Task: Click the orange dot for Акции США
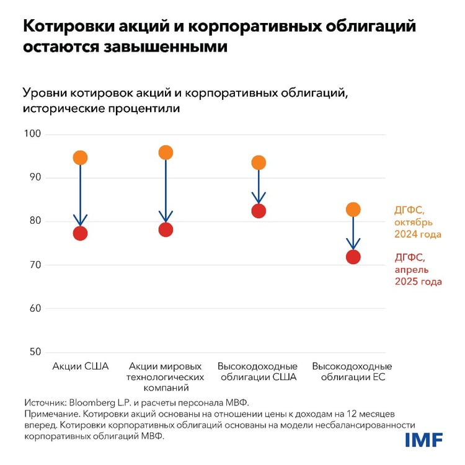point(80,157)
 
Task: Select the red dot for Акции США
point(80,233)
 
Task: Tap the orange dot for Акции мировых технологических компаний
point(166,153)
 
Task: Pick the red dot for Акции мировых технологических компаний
point(166,229)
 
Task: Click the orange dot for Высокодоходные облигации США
point(259,162)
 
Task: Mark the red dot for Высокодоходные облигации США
point(259,211)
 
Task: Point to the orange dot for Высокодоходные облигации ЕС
point(353,210)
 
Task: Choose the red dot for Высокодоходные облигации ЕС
point(353,257)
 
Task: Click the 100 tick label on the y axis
point(32,134)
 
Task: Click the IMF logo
point(424,440)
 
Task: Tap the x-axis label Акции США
point(80,366)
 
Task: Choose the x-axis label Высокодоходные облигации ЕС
point(352,371)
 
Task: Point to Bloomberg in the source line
point(91,402)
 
